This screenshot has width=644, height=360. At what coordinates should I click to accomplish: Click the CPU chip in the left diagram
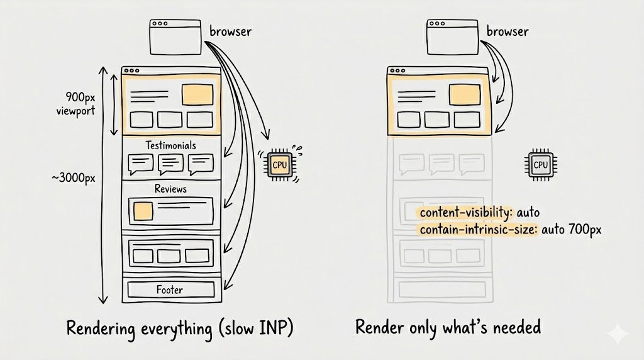(280, 165)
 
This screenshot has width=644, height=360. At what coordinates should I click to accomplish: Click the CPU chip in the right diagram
(540, 165)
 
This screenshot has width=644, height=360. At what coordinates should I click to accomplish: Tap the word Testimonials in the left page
(170, 145)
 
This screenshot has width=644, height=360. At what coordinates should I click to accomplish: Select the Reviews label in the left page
(170, 189)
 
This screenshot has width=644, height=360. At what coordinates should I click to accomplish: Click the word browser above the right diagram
(508, 31)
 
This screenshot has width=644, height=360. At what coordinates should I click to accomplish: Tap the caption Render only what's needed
(448, 328)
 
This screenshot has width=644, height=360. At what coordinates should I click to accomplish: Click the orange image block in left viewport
(197, 94)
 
